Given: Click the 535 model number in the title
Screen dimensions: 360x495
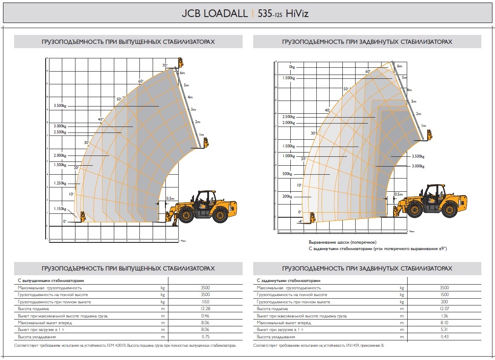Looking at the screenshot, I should coord(265,14).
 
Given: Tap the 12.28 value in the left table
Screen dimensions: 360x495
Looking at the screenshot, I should coord(205,308).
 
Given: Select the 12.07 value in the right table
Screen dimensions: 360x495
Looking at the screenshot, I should coord(444,308).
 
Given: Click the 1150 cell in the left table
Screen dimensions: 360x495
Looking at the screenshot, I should coord(205,302).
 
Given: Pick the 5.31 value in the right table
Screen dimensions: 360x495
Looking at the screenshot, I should coord(444,330).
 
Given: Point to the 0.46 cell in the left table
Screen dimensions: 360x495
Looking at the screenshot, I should coord(205,316).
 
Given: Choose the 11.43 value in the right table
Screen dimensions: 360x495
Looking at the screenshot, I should coord(444,337).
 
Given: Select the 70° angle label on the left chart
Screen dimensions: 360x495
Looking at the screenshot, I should coord(165,65).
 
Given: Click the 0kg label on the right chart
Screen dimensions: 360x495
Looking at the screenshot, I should coord(292,67).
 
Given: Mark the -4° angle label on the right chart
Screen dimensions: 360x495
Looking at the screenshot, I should coord(299,222).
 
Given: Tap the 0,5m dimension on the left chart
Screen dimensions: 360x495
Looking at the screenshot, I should coord(171,199).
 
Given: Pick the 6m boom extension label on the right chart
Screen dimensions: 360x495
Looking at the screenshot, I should coord(399,66).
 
